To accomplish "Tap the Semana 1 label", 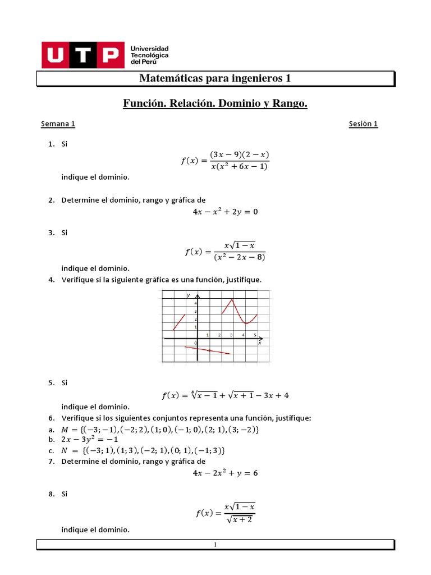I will click(58, 124).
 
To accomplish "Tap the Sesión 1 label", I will click(363, 124).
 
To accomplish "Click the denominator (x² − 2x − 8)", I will click(239, 257).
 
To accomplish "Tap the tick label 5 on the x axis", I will click(255, 335).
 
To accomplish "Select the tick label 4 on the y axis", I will click(195, 303).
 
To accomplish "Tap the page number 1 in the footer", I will click(215, 544).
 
